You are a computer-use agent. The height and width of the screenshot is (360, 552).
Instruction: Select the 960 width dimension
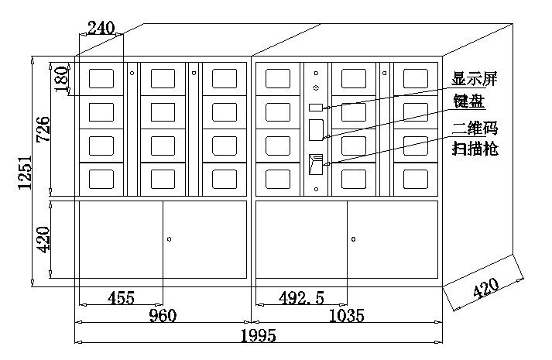pyautogui.click(x=163, y=316)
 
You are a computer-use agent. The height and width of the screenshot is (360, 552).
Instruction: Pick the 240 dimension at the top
pyautogui.click(x=101, y=29)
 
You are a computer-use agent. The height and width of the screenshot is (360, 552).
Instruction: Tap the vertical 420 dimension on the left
pyautogui.click(x=43, y=240)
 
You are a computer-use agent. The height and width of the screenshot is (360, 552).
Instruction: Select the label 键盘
pyautogui.click(x=468, y=101)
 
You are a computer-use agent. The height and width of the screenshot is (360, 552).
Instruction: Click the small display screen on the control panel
pyautogui.click(x=316, y=108)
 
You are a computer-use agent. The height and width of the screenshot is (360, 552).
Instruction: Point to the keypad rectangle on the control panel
pyautogui.click(x=316, y=129)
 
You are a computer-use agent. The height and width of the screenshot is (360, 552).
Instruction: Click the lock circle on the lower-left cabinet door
pyautogui.click(x=169, y=238)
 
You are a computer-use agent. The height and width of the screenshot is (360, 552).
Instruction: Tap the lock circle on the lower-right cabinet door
pyautogui.click(x=353, y=238)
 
